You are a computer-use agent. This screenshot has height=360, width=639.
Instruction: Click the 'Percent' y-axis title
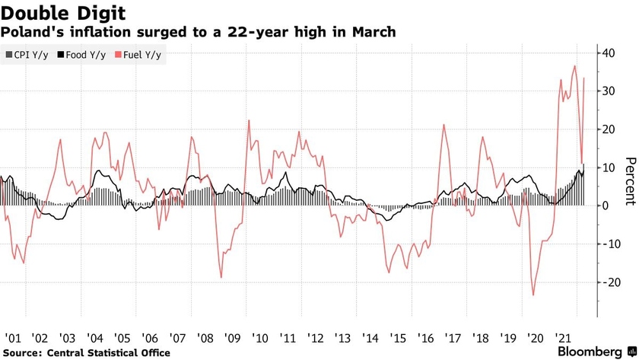click(629, 181)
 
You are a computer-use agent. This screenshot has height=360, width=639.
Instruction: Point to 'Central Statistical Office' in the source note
click(109, 352)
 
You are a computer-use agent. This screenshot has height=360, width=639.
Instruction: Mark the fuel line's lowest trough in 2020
click(532, 295)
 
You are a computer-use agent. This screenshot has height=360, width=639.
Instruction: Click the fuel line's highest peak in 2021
click(575, 66)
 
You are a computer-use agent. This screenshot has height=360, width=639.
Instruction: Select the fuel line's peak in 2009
click(249, 120)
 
